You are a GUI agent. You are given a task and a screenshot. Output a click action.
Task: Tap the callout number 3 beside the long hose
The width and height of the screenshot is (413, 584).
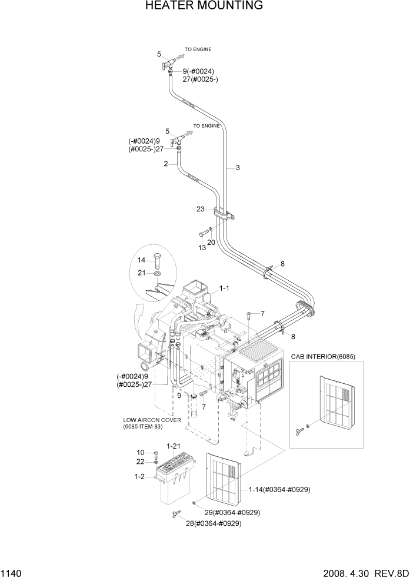pyautogui.click(x=238, y=168)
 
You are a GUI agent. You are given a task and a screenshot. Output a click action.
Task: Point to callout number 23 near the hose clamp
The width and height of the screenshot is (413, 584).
pyautogui.click(x=201, y=208)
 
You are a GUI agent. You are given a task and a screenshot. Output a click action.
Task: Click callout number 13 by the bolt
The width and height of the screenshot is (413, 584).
pyautogui.click(x=202, y=248)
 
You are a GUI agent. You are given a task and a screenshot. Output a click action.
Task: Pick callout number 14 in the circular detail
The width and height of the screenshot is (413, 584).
pyautogui.click(x=141, y=260)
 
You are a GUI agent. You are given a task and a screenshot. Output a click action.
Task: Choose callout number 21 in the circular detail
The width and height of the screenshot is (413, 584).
pyautogui.click(x=141, y=273)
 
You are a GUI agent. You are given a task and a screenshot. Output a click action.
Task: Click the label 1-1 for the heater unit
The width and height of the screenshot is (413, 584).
pyautogui.click(x=224, y=289)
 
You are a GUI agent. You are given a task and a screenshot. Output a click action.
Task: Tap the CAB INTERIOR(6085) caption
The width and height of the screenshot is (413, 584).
pyautogui.click(x=327, y=357)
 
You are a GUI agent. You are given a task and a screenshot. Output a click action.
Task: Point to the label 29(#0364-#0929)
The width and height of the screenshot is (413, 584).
pyautogui.click(x=233, y=512)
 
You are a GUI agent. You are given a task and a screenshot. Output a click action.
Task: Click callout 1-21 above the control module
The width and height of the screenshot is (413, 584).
pyautogui.click(x=173, y=446)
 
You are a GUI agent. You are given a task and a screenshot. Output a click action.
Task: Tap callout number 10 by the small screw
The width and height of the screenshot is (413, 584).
pyautogui.click(x=141, y=453)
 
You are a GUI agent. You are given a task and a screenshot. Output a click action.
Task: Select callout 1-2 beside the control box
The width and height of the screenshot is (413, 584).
pyautogui.click(x=139, y=476)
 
